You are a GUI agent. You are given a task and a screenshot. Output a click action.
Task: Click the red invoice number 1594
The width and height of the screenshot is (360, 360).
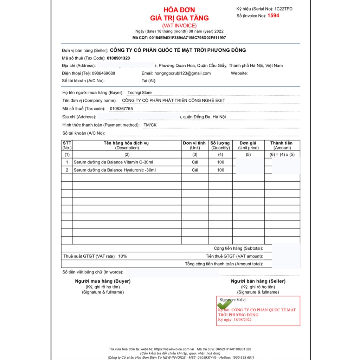pyautogui.click(x=273, y=15)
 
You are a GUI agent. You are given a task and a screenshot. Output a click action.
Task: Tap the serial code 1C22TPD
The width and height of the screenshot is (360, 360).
pyautogui.click(x=283, y=9)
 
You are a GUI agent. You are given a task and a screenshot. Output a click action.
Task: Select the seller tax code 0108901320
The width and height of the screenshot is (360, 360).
pyautogui.click(x=118, y=58)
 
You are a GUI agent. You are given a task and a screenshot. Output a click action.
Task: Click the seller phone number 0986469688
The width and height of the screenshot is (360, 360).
pyautogui.click(x=103, y=73)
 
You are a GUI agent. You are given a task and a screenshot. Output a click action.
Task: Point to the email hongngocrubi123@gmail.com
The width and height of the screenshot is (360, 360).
pyautogui.click(x=182, y=73)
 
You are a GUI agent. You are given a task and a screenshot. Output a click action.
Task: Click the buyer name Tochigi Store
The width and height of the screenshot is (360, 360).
pyautogui.click(x=140, y=92)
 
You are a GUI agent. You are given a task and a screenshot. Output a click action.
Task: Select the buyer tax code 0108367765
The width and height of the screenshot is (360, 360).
pyautogui.click(x=121, y=109)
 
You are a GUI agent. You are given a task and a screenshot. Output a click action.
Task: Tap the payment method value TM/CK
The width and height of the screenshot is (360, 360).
pyautogui.click(x=150, y=125)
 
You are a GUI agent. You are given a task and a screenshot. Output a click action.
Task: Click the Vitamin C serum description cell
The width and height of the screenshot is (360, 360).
pyautogui.click(x=114, y=162)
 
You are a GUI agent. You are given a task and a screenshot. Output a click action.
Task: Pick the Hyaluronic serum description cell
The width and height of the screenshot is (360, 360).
pyautogui.click(x=115, y=170)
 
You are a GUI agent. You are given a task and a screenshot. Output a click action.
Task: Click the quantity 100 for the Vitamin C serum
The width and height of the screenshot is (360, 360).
pyautogui.click(x=220, y=162)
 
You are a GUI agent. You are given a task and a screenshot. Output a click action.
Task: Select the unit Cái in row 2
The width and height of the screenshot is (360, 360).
pyautogui.click(x=195, y=170)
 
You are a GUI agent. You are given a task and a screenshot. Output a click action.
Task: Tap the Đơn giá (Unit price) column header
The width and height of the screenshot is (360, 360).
pyautogui.click(x=248, y=145)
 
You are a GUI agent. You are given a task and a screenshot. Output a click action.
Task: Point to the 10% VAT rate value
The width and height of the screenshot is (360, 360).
pyautogui.click(x=122, y=256)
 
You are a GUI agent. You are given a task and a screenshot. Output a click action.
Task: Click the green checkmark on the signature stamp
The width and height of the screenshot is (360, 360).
pyautogui.click(x=225, y=304)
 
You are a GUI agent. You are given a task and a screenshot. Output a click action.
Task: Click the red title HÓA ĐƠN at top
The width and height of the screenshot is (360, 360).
pyautogui.click(x=179, y=10)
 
